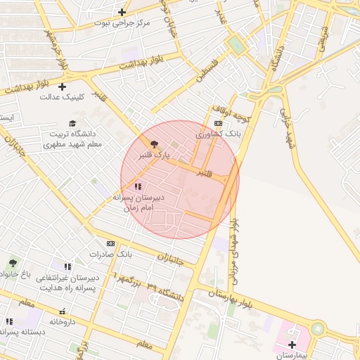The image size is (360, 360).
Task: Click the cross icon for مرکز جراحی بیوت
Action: [122, 12]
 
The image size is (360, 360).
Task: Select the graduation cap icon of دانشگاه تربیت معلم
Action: [72, 124]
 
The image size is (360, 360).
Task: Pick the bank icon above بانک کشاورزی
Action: [218, 123]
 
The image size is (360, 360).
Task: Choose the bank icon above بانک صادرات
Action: [110, 243]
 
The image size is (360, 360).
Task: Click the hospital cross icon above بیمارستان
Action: [292, 345]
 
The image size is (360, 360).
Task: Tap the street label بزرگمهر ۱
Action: [130, 281]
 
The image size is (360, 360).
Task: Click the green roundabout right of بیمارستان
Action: [318, 329]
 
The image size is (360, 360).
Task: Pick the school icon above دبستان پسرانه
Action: [9, 321]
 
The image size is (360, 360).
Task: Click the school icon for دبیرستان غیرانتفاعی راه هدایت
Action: [67, 267]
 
